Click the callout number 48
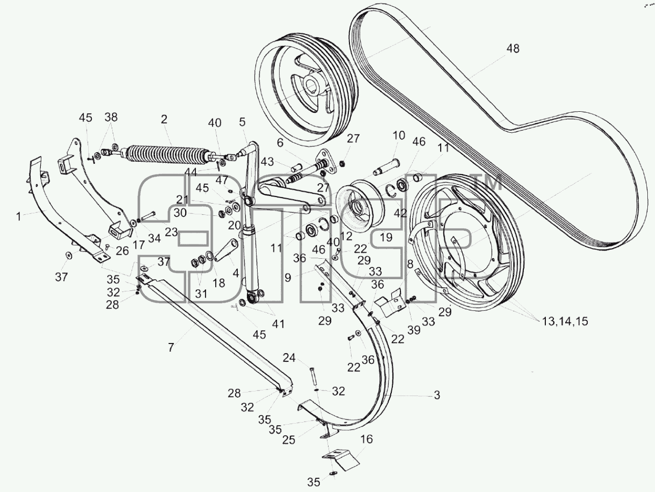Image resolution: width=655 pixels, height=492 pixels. pos(513,48)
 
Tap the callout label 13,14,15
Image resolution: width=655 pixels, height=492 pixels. pos(565,321)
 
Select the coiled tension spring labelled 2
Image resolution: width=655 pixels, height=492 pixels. pos(166,154)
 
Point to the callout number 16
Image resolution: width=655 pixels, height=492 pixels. pos(366,439)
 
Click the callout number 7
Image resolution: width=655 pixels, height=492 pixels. pos(171,347)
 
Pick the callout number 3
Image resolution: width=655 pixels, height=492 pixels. pos(437,395)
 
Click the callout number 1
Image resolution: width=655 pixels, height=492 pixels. pos(19,216)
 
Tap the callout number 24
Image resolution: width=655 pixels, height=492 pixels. pos(289,357)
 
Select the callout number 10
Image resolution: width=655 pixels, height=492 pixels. pos(399,135)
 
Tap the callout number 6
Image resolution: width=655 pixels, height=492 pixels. pos(280,143)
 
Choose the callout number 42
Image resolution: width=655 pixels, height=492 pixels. pos(400,213)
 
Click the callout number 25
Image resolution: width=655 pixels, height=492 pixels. pos(289,440)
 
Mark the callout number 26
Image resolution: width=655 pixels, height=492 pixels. pos(122,251)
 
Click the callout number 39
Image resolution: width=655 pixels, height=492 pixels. pos(414,330)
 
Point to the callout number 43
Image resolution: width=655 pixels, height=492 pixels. pos(267,162)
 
